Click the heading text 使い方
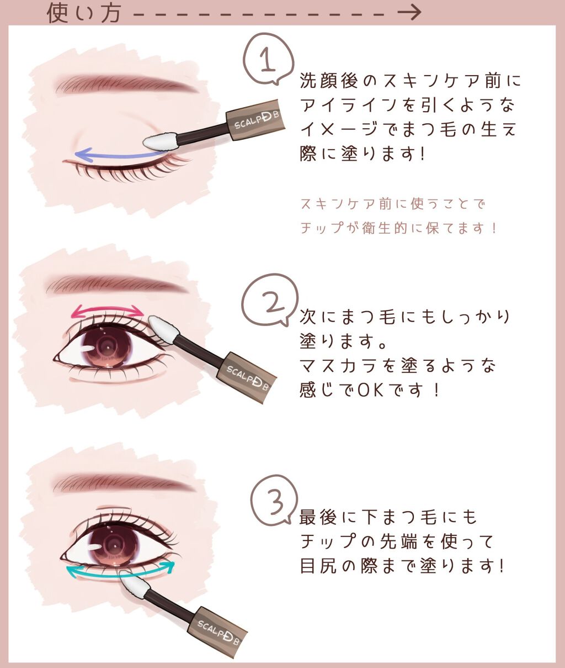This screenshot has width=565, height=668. pyautogui.click(x=83, y=12)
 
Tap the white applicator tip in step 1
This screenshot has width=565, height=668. pyautogui.click(x=159, y=141)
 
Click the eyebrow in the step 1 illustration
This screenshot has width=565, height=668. pyautogui.click(x=126, y=83)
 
